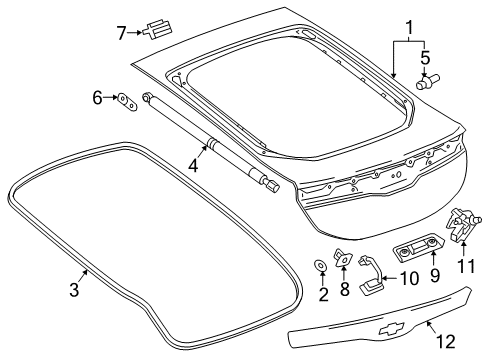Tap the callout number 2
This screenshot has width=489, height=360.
point(322,294)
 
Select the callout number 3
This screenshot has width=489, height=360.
point(73,290)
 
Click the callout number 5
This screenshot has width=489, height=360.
point(425,57)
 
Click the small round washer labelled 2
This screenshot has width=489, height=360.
point(321,265)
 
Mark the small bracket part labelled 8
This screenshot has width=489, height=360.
point(343,259)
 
